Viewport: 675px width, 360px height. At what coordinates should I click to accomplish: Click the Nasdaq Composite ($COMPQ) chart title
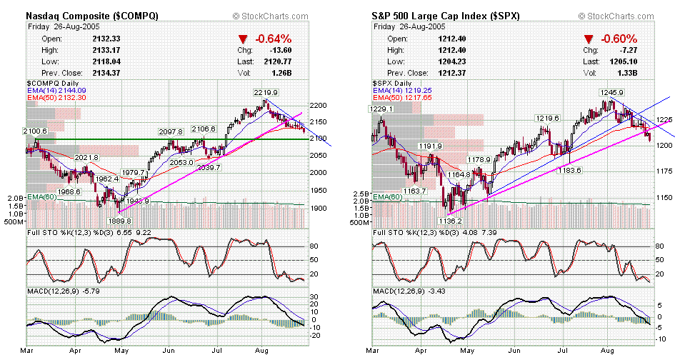coord(92,15)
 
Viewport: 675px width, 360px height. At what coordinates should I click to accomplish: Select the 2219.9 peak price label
coord(265,92)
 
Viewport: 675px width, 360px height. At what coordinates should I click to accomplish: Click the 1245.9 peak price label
coord(611,92)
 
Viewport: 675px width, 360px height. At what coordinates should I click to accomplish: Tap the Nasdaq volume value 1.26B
coord(286,73)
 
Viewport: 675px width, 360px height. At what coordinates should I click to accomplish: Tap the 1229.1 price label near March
coord(382,109)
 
